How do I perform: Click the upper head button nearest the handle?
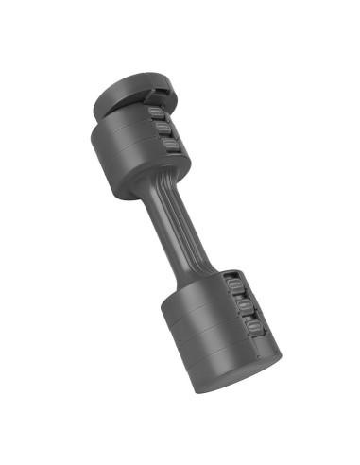tap(169, 146)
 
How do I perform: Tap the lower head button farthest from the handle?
tap(254, 326)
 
